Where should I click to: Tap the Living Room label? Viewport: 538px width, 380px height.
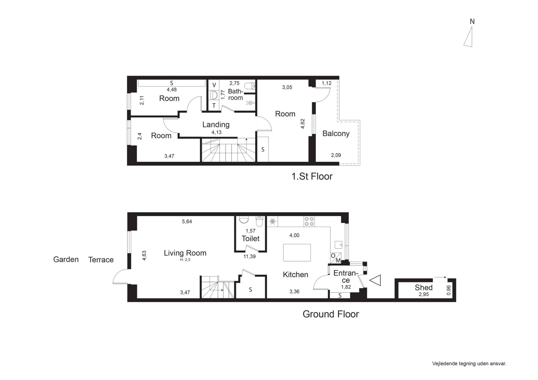[185, 253]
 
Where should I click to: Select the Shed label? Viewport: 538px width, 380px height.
[423, 288]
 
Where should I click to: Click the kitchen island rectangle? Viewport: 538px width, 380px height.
[297, 252]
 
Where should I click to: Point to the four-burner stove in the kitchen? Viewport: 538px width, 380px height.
[309, 221]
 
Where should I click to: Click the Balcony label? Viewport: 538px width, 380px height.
[336, 134]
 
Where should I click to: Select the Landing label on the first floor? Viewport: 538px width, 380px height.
[216, 125]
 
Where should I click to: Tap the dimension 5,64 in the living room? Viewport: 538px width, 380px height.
[187, 221]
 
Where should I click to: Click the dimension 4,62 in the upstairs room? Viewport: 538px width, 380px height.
[303, 124]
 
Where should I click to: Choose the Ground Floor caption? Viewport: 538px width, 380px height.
[331, 314]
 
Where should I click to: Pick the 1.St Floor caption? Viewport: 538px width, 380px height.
[312, 176]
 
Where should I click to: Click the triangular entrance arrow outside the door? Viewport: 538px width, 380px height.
[375, 280]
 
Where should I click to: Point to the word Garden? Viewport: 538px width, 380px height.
[66, 260]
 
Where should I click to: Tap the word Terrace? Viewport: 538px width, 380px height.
[101, 260]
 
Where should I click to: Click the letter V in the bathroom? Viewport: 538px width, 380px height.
[214, 85]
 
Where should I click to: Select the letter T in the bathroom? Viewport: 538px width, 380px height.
[214, 106]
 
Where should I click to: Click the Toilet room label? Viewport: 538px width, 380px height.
[250, 239]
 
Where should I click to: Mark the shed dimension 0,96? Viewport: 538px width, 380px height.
[449, 290]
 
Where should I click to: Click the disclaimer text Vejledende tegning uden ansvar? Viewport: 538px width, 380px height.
[469, 364]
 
